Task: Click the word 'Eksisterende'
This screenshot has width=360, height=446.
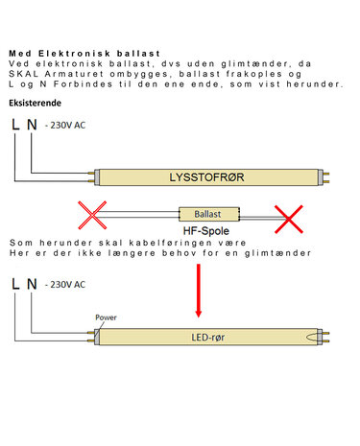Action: point(36,102)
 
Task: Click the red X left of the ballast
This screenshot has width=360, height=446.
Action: point(92,215)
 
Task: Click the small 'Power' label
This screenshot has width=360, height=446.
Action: point(107,317)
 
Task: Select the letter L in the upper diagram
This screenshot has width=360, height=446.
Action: point(14,125)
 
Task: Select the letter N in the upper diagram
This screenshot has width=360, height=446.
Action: point(32,125)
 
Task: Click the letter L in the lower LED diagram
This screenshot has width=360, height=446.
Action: point(14,284)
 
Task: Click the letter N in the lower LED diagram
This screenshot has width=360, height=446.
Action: point(32,284)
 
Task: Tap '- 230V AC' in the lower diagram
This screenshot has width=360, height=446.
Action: point(65,285)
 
